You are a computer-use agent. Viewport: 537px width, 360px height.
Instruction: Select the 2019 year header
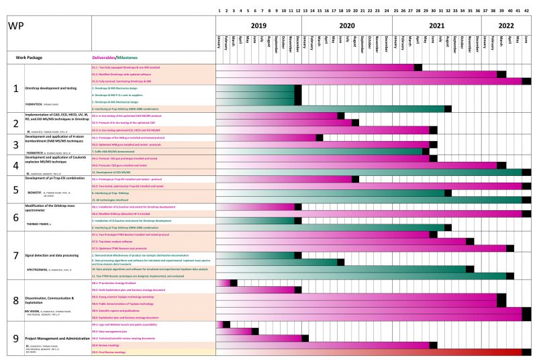click(x=259, y=26)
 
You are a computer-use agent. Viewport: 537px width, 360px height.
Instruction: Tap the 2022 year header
click(x=506, y=26)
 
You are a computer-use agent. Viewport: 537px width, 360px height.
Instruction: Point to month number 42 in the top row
click(x=526, y=11)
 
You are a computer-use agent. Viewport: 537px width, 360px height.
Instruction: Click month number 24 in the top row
click(x=387, y=11)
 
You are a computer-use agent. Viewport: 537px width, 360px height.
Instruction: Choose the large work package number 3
click(x=15, y=144)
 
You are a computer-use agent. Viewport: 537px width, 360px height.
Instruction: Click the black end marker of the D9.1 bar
click(x=226, y=324)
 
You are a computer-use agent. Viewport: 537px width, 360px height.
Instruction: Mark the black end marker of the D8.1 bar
click(x=234, y=283)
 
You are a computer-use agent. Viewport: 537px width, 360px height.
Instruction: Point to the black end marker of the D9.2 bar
click(x=255, y=331)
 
